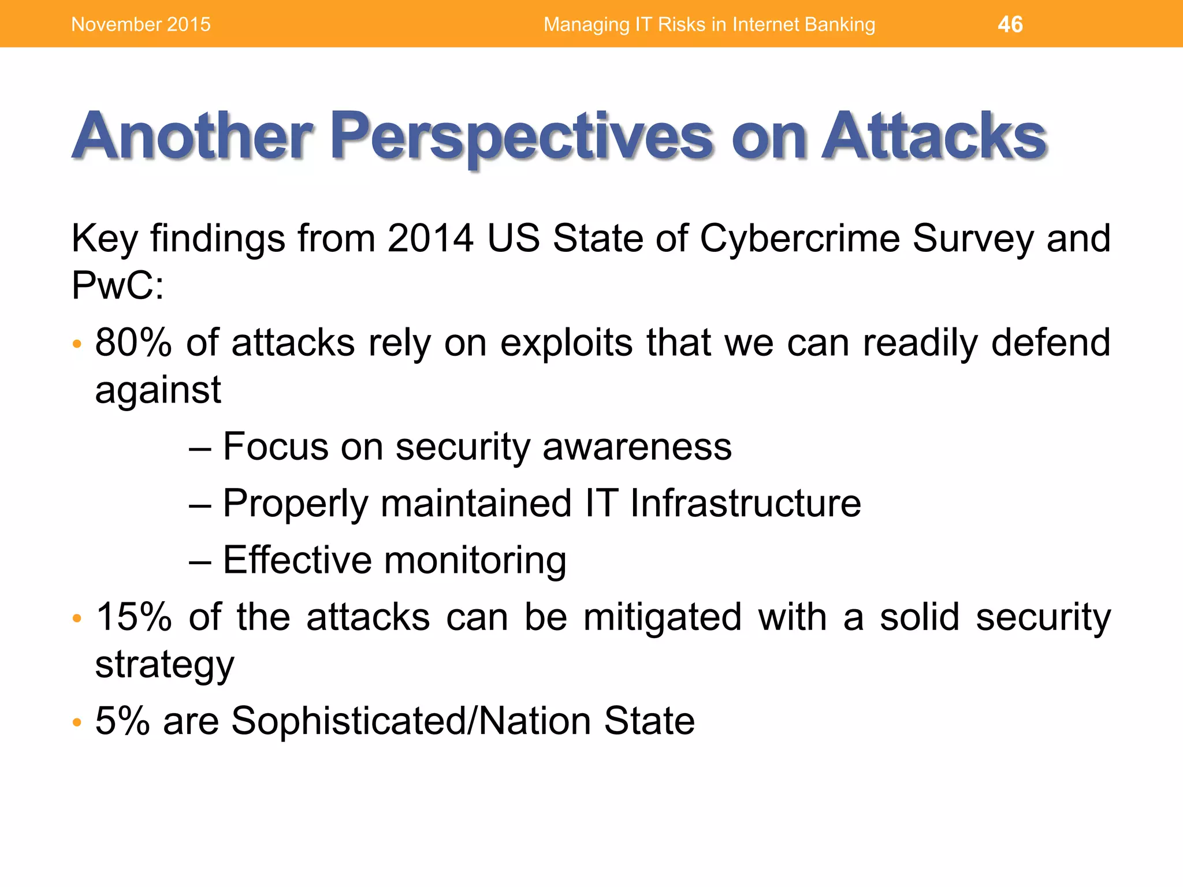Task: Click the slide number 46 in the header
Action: (1010, 24)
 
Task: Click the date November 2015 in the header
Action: (140, 24)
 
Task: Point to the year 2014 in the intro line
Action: (430, 238)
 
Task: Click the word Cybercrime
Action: (799, 238)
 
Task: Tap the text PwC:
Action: (117, 285)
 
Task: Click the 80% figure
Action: (133, 342)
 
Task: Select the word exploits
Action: (567, 342)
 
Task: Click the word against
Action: (158, 390)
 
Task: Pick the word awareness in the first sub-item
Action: (637, 446)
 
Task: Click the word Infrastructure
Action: (745, 503)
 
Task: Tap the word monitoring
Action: (475, 560)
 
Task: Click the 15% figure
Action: (133, 617)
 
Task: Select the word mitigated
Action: (662, 617)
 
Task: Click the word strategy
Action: (165, 665)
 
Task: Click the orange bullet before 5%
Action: (77, 722)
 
